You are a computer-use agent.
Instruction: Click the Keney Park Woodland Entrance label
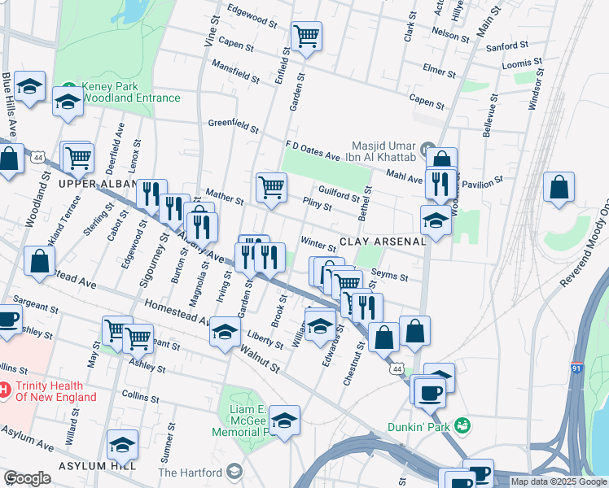click(130, 92)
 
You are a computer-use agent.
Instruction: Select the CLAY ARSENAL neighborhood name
click(382, 242)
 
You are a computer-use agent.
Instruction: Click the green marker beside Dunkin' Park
click(462, 425)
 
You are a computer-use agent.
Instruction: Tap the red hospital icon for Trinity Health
click(5, 390)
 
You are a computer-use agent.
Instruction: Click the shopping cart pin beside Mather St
click(272, 186)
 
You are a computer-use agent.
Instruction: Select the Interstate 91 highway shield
click(576, 368)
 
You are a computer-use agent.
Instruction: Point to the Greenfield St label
click(233, 125)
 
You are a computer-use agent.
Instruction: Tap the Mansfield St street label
click(234, 71)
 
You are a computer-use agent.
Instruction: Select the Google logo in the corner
click(27, 478)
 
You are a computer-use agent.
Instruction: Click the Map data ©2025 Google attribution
click(559, 481)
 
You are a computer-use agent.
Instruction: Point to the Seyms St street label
click(389, 277)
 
